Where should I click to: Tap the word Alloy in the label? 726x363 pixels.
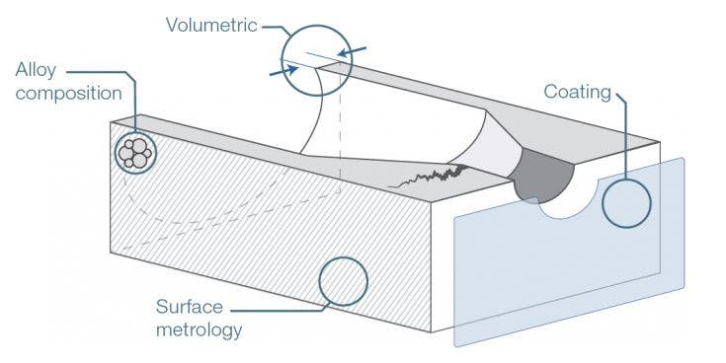pyautogui.click(x=37, y=70)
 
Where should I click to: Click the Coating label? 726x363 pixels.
pyautogui.click(x=578, y=92)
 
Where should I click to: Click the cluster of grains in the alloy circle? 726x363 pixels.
pyautogui.click(x=134, y=153)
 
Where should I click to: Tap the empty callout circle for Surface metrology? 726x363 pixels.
pyautogui.click(x=344, y=281)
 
